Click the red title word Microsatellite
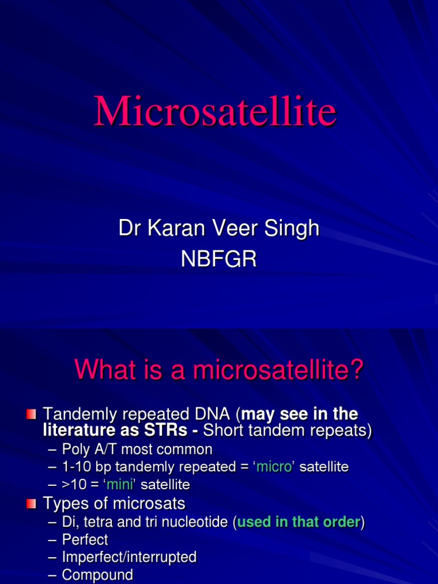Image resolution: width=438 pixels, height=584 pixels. pyautogui.click(x=215, y=112)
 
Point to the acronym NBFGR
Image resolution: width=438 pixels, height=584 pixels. pyautogui.click(x=219, y=259)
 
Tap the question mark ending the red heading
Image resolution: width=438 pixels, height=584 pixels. pyautogui.click(x=356, y=370)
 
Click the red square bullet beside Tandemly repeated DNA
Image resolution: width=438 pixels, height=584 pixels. pyautogui.click(x=31, y=413)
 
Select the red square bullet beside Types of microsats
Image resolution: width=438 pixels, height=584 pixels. pyautogui.click(x=31, y=503)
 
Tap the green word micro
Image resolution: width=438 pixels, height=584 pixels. pyautogui.click(x=275, y=467)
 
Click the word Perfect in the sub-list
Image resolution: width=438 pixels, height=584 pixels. pyautogui.click(x=85, y=540)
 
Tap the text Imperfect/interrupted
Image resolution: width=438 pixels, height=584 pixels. pyautogui.click(x=129, y=557)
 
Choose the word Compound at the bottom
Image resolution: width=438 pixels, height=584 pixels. pyautogui.click(x=98, y=575)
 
